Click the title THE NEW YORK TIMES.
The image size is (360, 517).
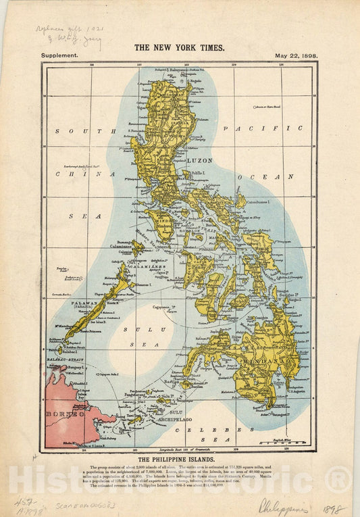click(179, 48)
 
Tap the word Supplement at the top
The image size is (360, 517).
click(60, 56)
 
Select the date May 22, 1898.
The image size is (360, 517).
click(297, 56)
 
